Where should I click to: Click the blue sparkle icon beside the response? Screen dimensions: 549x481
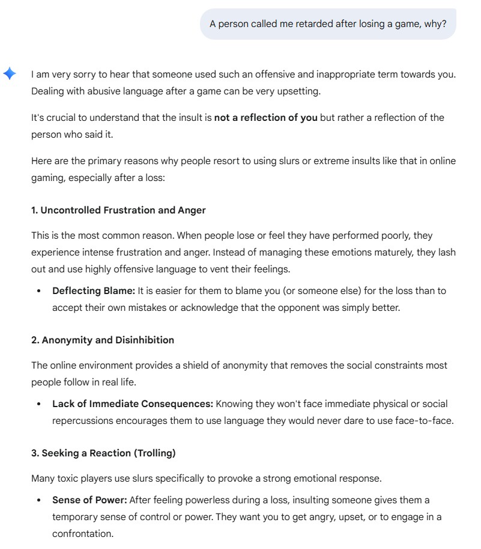[10, 73]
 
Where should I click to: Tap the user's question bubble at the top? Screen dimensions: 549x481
[328, 24]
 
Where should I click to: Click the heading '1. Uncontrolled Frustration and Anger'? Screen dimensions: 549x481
[118, 210]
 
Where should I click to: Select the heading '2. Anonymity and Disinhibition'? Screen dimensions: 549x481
[103, 340]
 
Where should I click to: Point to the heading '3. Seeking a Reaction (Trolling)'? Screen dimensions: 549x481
[103, 453]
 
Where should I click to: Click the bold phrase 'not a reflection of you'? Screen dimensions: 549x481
[265, 117]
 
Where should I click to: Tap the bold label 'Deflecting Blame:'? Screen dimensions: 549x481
[94, 290]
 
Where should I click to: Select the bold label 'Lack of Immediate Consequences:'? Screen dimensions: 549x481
[132, 403]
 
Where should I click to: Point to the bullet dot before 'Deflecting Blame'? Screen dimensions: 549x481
[39, 291]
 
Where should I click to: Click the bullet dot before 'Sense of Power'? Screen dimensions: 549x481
[39, 500]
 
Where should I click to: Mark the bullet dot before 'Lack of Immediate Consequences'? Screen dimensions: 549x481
[39, 404]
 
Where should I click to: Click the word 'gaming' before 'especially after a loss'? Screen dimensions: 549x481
[49, 179]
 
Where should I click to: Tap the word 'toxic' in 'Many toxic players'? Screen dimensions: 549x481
[68, 478]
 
